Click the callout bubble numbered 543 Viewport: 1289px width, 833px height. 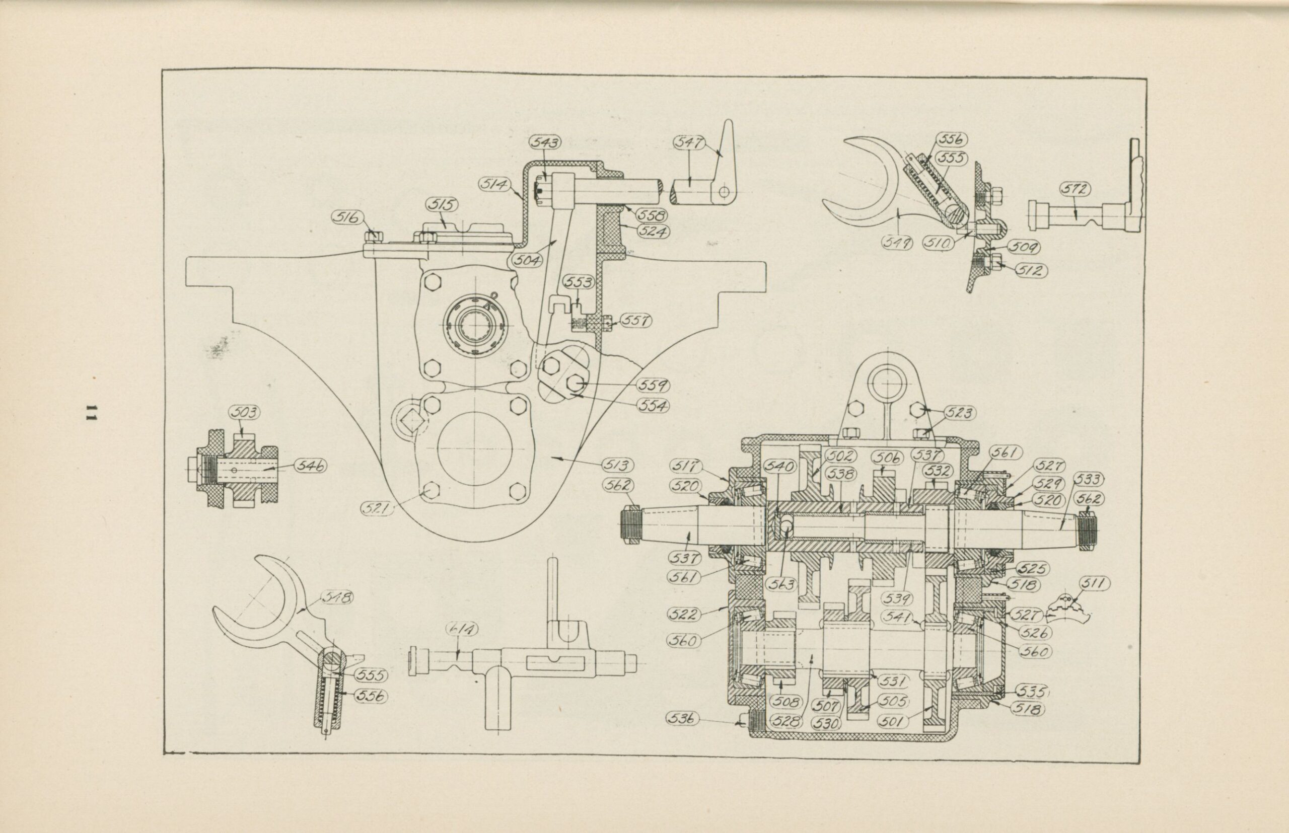tap(545, 142)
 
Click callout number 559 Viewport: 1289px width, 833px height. tap(653, 385)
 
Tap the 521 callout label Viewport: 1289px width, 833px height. tap(378, 508)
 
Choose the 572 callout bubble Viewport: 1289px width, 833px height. tap(1075, 189)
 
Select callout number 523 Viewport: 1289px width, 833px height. tap(960, 413)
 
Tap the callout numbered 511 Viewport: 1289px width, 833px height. tap(1095, 583)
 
